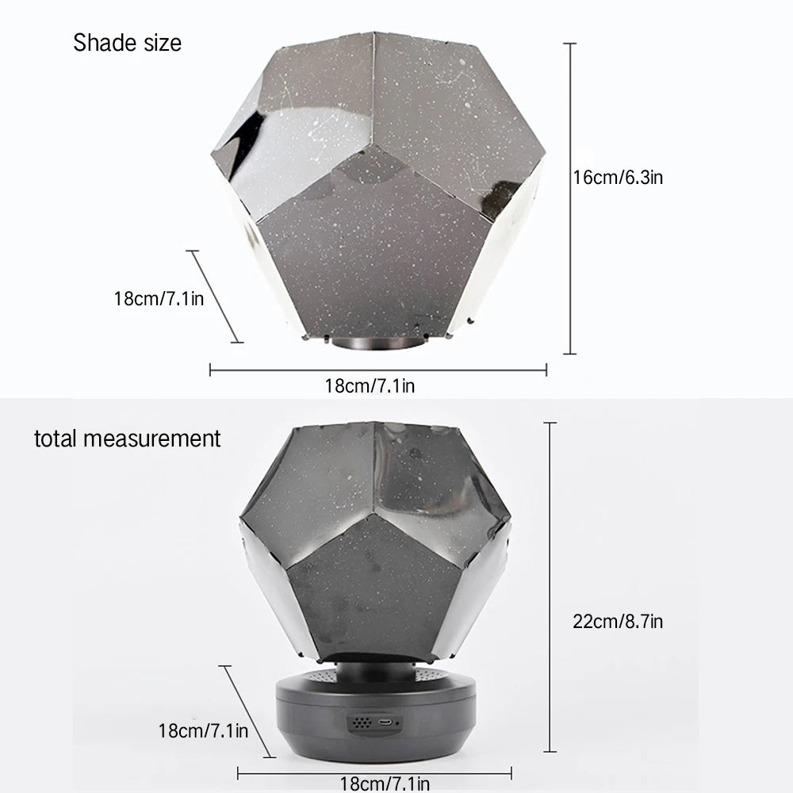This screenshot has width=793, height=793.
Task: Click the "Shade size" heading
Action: click(127, 42)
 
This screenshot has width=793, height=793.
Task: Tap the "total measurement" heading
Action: click(127, 438)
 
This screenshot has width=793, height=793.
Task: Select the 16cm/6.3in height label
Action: click(618, 178)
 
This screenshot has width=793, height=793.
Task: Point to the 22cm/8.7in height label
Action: click(618, 621)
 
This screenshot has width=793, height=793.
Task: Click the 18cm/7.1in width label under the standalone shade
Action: click(370, 386)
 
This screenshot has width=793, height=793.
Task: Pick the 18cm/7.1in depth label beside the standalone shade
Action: click(159, 299)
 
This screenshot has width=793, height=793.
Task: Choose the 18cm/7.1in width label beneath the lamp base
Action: click(385, 784)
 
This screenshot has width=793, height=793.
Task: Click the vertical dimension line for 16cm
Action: click(569, 198)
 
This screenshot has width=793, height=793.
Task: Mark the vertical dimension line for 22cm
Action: click(550, 587)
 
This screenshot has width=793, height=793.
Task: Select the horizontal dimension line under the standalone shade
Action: click(377, 370)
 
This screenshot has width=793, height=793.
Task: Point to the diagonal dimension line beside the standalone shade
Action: click(214, 297)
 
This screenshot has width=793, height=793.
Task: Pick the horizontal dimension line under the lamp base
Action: click(374, 772)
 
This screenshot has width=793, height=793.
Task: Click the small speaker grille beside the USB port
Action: click(362, 723)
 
